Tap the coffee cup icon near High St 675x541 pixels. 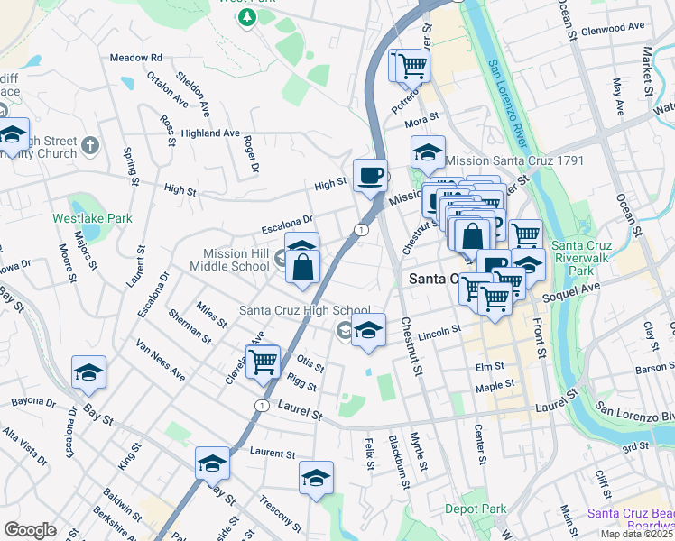click(x=369, y=175)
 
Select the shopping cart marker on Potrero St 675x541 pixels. click(x=411, y=66)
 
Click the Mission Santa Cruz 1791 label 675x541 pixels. click(x=516, y=160)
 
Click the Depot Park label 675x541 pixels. click(x=476, y=509)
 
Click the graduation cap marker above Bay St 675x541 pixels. click(x=88, y=371)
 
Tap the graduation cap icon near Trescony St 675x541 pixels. click(x=316, y=478)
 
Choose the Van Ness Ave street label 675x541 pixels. click(x=160, y=360)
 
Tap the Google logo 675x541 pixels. click(x=31, y=529)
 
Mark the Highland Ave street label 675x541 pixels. click(x=209, y=133)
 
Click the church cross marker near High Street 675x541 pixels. click(x=89, y=144)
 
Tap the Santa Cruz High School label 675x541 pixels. click(x=305, y=311)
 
